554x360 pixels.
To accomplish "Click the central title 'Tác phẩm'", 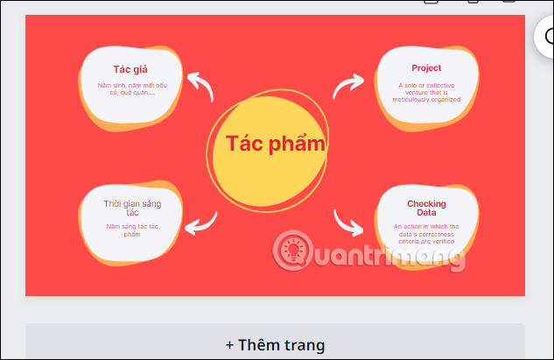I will pos(276,144).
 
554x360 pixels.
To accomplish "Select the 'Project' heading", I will pos(426,67).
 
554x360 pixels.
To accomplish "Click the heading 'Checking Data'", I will pos(426,208).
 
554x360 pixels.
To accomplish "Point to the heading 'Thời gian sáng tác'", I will pos(132,208).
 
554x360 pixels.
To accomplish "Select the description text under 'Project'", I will pos(426,92).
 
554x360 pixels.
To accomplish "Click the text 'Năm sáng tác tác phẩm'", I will pos(132,230).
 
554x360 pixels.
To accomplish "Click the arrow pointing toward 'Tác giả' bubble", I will pos(201,86).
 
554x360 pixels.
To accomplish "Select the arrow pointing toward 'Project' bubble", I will pos(349,86).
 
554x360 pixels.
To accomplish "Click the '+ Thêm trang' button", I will pos(275,344).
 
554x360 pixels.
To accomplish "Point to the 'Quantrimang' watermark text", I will pos(385,254).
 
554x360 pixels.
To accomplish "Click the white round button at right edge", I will pos(547,37).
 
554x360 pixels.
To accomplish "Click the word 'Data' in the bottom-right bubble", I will pos(426,213).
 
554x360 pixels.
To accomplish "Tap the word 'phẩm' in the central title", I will pos(299,144).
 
